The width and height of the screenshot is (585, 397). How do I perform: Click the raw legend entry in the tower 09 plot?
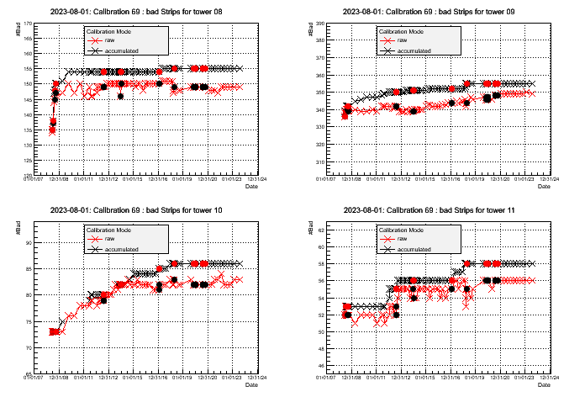pyautogui.click(x=403, y=40)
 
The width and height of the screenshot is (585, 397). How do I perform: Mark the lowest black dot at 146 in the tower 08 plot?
pyautogui.click(x=121, y=96)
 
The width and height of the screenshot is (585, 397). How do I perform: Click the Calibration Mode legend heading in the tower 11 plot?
pyautogui.click(x=400, y=230)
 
